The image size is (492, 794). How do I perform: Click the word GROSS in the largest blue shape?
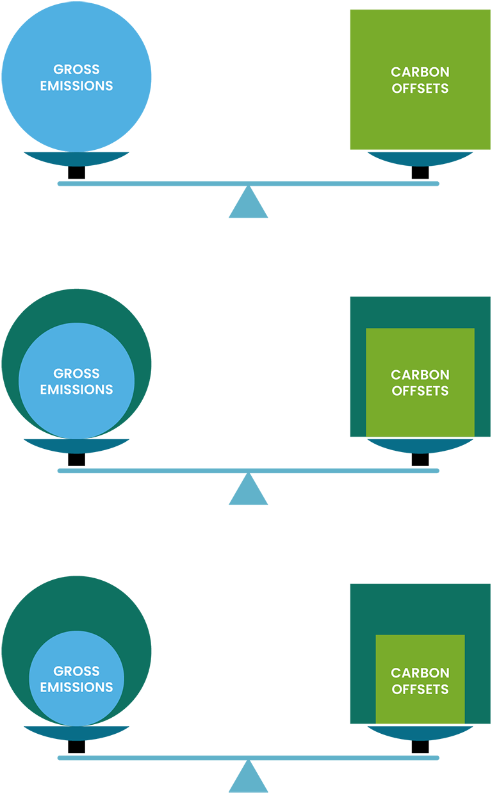pos(76,70)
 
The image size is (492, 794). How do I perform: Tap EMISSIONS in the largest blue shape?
pos(76,86)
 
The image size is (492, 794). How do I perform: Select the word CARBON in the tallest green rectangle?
pos(420,72)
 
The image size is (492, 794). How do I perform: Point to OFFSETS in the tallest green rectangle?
pos(420,88)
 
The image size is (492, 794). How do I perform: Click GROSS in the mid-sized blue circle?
pos(76,373)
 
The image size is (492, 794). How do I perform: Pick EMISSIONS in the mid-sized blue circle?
pos(76,389)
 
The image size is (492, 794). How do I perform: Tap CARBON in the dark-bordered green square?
pos(420,375)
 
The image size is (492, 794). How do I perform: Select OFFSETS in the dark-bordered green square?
pos(420,391)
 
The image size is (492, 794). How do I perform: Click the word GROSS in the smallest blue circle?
pos(76,671)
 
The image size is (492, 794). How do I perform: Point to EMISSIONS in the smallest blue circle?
pos(76,687)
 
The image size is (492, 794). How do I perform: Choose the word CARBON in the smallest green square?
pos(420,673)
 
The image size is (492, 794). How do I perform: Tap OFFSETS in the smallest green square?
pos(420,690)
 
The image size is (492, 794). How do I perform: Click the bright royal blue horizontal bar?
pos(275,747)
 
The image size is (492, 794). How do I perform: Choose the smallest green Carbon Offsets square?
pos(420,711)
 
